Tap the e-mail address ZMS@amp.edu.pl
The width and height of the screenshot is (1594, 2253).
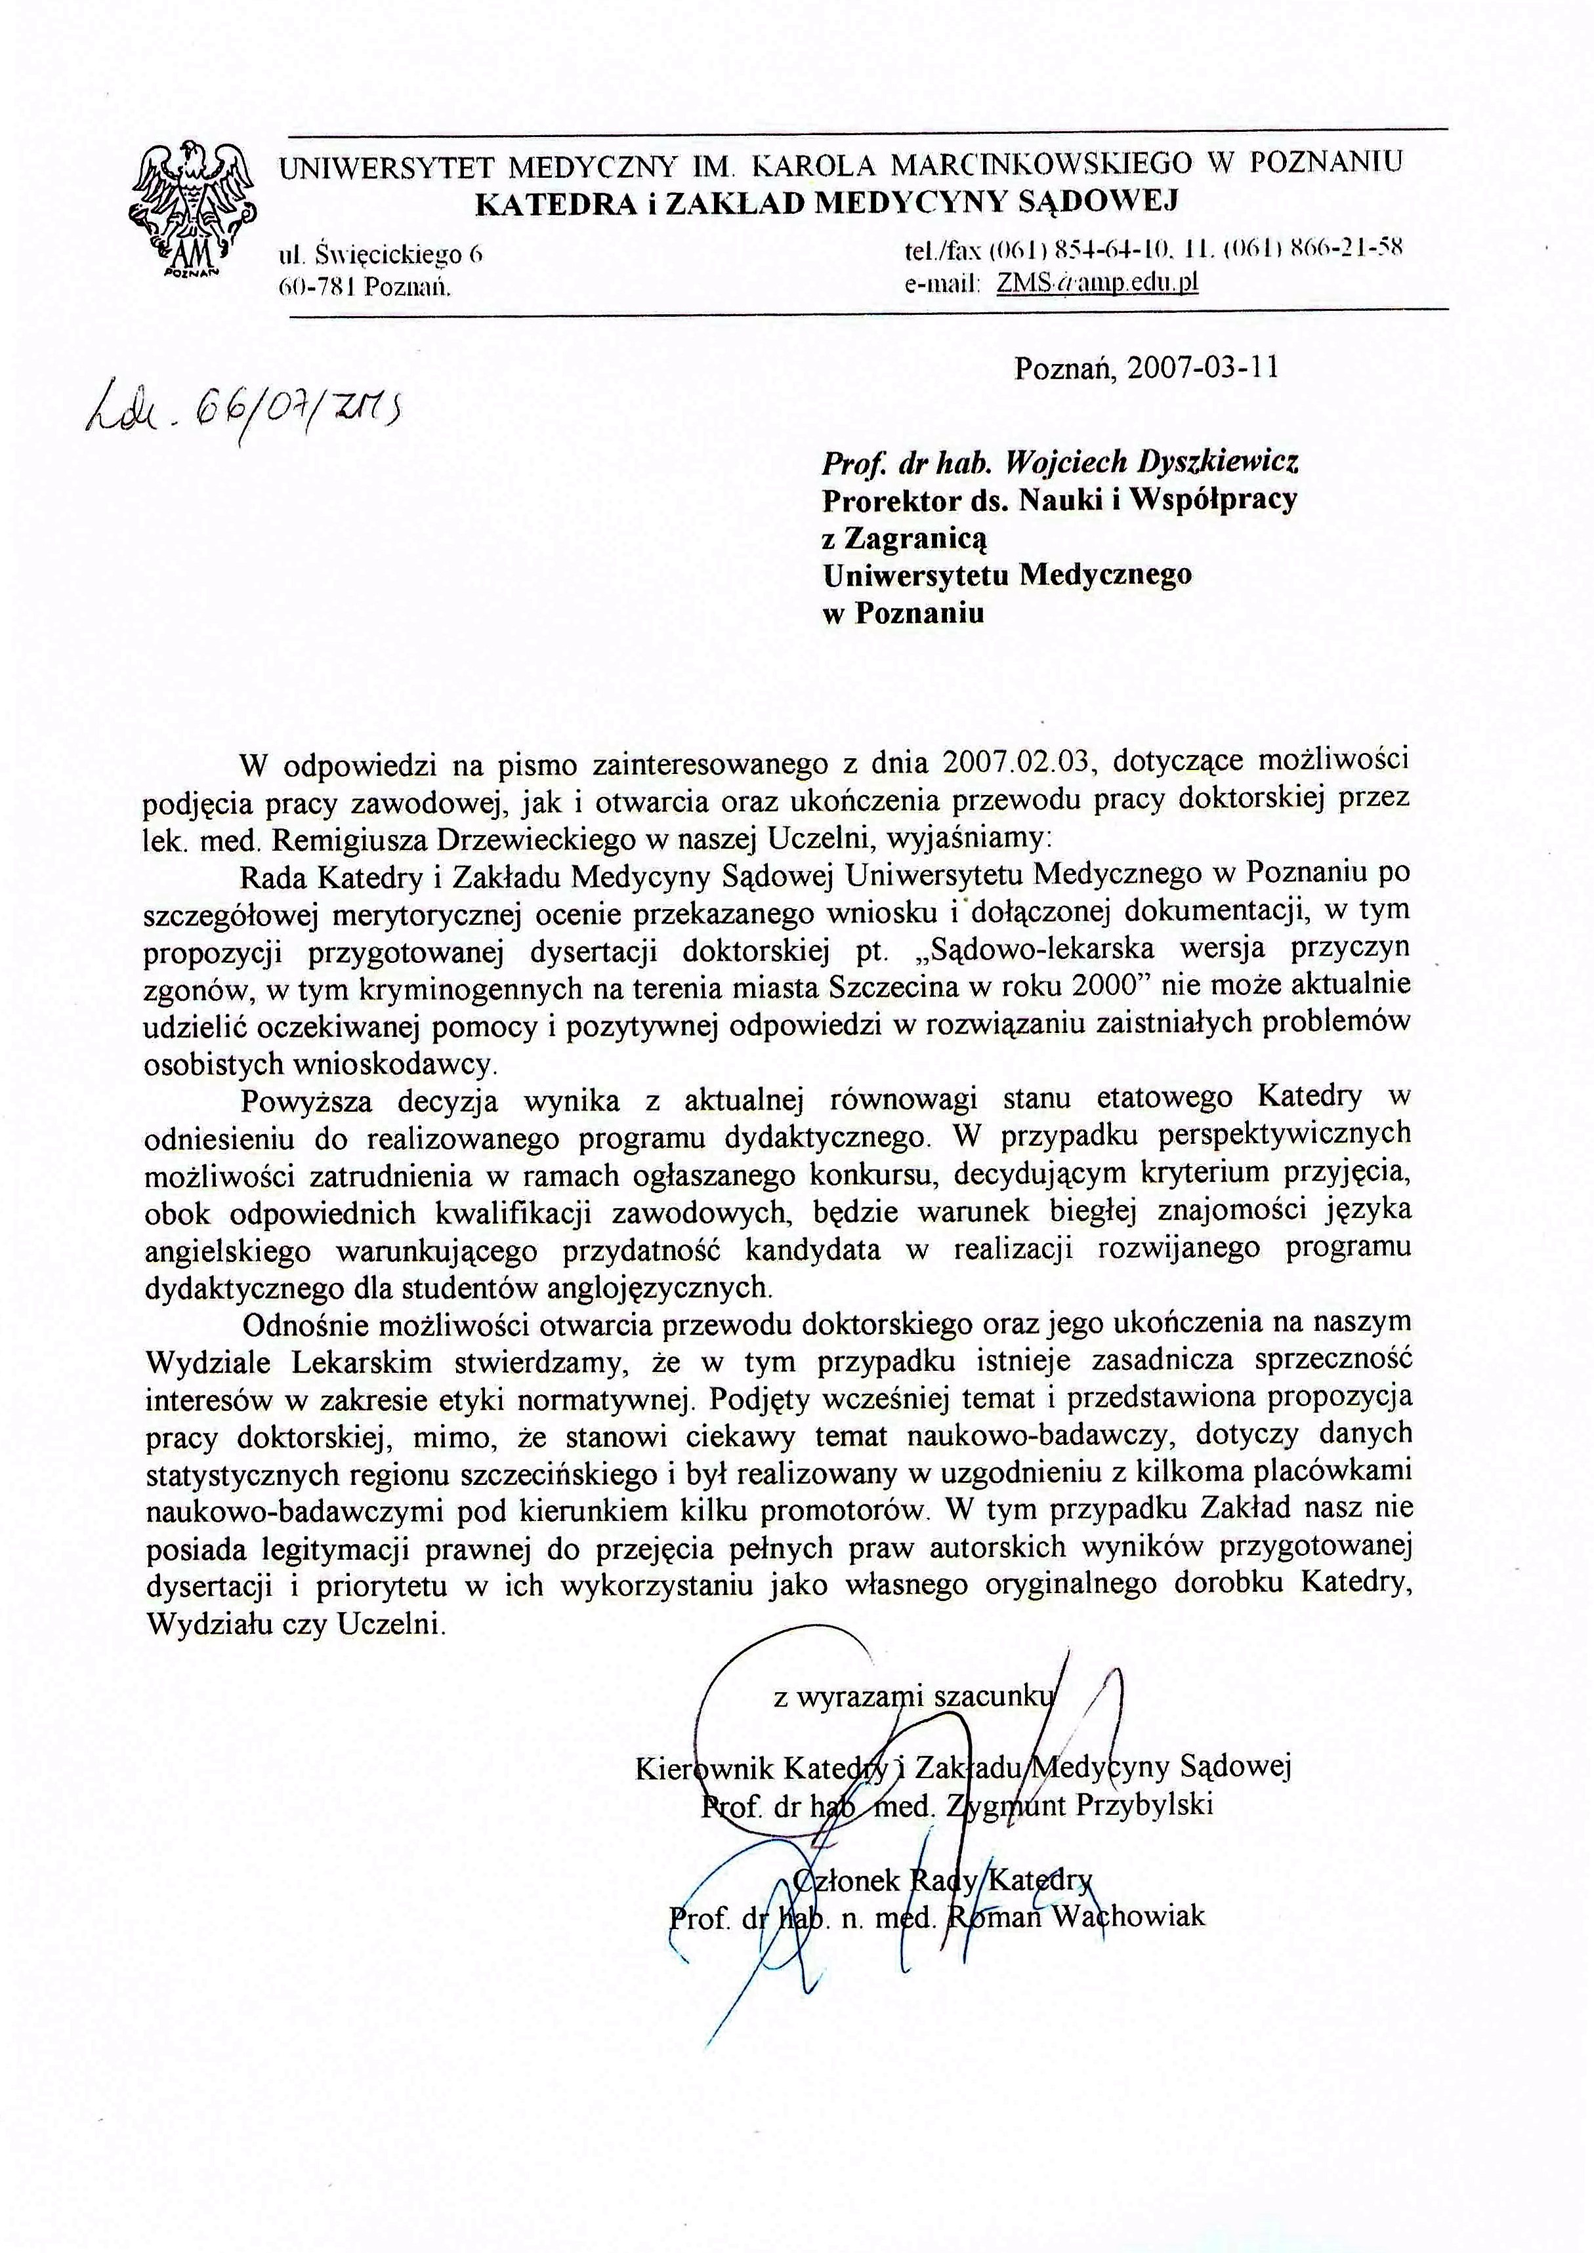pyautogui.click(x=1097, y=283)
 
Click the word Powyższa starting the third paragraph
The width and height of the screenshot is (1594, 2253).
pyautogui.click(x=306, y=1100)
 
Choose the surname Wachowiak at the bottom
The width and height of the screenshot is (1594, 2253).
pyautogui.click(x=1129, y=1915)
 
